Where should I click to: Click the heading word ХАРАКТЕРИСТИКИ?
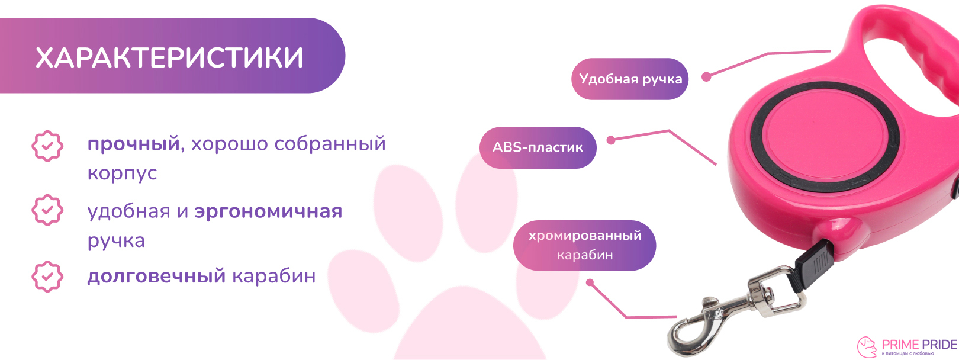pyautogui.click(x=169, y=58)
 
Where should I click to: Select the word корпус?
pyautogui.click(x=122, y=173)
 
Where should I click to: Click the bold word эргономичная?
pyautogui.click(x=268, y=211)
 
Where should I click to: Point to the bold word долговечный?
pyautogui.click(x=156, y=276)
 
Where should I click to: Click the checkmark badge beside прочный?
pyautogui.click(x=47, y=146)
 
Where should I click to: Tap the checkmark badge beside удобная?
pyautogui.click(x=47, y=210)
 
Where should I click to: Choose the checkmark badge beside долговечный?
pyautogui.click(x=47, y=277)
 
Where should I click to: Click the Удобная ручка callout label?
pyautogui.click(x=630, y=79)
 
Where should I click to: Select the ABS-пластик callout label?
pyautogui.click(x=538, y=147)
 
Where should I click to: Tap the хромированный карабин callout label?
pyautogui.click(x=584, y=245)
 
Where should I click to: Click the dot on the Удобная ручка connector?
pyautogui.click(x=706, y=77)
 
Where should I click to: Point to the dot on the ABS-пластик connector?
pyautogui.click(x=611, y=140)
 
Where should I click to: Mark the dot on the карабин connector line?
pyautogui.click(x=590, y=282)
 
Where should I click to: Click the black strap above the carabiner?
pyautogui.click(x=813, y=265)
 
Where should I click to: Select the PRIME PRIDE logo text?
pyautogui.click(x=919, y=345)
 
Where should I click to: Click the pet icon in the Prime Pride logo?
pyautogui.click(x=867, y=347)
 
